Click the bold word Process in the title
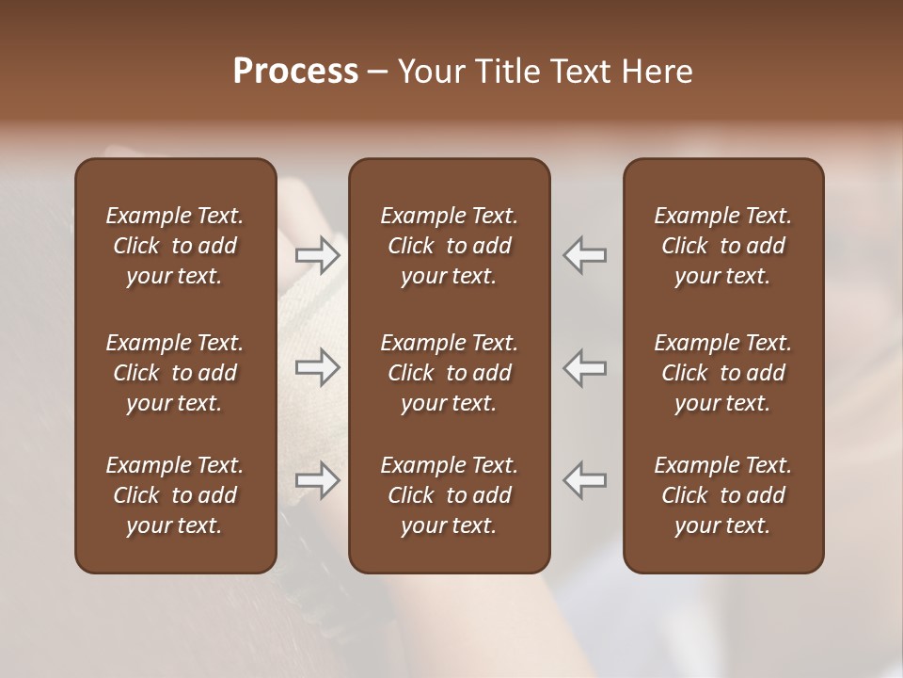pos(295,72)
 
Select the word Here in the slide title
pos(657,72)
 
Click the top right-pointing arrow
pos(317,254)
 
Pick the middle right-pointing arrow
pos(317,367)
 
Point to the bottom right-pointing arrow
pos(317,480)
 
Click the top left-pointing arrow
pos(585,254)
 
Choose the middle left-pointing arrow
pos(585,367)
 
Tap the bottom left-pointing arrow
pos(585,480)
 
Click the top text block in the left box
pos(175,246)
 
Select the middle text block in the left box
pos(175,373)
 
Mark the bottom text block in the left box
pos(175,495)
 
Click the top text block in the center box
pos(449,246)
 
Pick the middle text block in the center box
pos(449,373)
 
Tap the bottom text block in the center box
pos(449,495)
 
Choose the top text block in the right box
pos(722,246)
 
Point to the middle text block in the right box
pos(722,373)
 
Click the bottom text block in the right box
pos(722,495)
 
